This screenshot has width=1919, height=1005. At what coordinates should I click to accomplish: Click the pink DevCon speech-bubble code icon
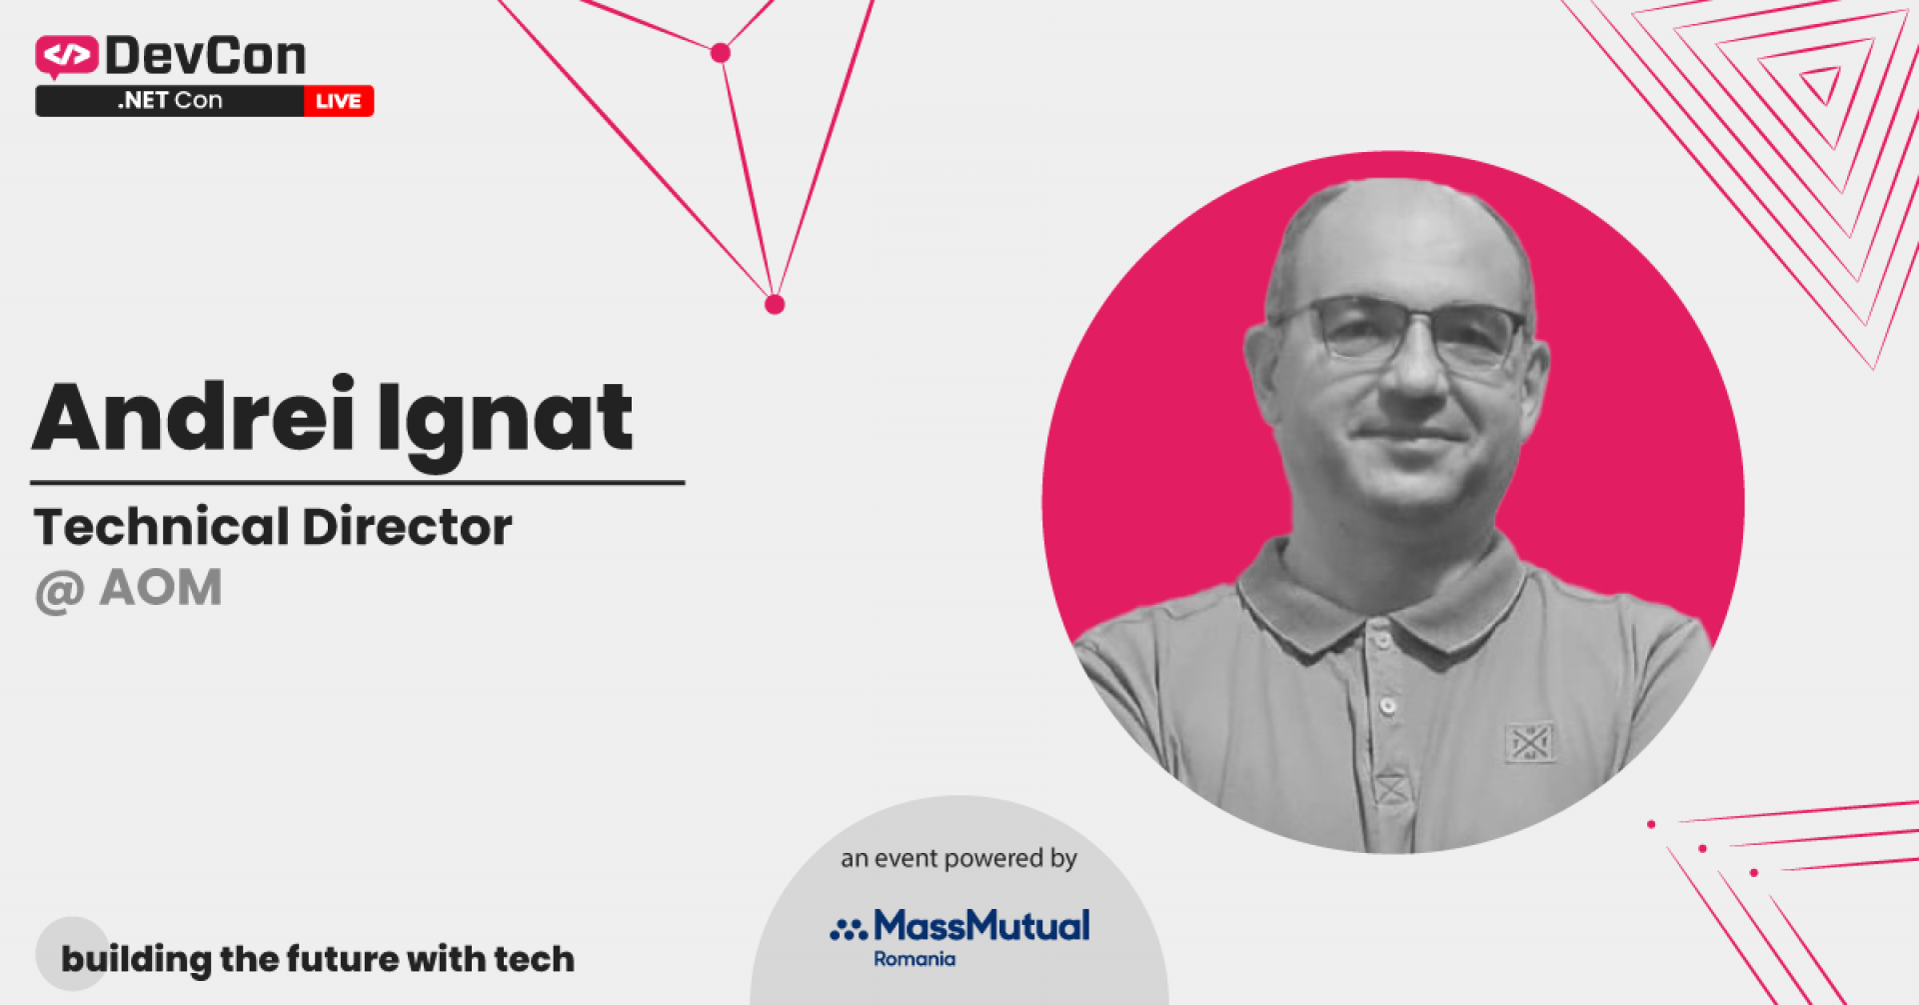pyautogui.click(x=66, y=56)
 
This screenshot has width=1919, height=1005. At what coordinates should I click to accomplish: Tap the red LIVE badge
pyautogui.click(x=339, y=101)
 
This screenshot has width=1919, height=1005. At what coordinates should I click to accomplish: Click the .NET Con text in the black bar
pyautogui.click(x=170, y=101)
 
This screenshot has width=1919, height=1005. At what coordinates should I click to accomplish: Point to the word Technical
pyautogui.click(x=161, y=527)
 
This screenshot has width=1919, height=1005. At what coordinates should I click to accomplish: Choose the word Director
pyautogui.click(x=408, y=527)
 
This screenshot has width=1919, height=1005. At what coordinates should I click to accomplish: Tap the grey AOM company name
pyautogui.click(x=161, y=588)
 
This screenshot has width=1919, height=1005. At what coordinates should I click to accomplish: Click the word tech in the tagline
pyautogui.click(x=534, y=959)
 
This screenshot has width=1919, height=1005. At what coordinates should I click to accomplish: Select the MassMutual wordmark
pyautogui.click(x=981, y=926)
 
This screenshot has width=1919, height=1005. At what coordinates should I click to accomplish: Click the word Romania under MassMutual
pyautogui.click(x=915, y=960)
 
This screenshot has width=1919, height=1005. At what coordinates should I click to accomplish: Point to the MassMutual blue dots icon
pyautogui.click(x=848, y=931)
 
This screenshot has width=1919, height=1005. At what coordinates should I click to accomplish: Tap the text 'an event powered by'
pyautogui.click(x=959, y=858)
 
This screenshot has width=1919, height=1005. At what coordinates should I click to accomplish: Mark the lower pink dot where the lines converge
pyautogui.click(x=775, y=304)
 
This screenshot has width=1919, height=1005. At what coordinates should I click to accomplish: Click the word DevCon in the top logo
pyautogui.click(x=206, y=56)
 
